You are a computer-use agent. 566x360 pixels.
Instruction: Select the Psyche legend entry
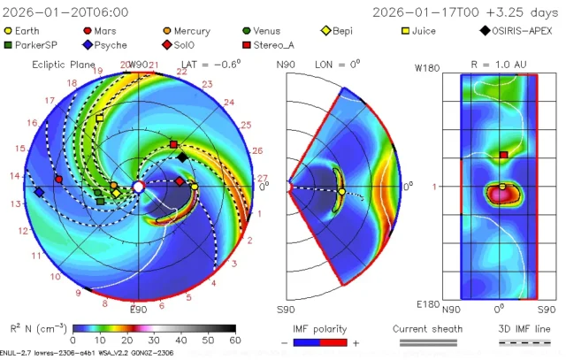(113, 44)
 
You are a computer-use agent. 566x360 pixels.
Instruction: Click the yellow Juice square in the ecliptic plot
(99, 118)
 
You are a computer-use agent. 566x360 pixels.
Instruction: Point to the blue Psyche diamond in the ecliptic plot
(39, 191)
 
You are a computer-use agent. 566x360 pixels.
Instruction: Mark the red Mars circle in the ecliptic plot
(59, 180)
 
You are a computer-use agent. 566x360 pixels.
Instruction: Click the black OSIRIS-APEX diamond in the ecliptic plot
(181, 157)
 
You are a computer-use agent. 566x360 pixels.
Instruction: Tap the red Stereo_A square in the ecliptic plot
(173, 143)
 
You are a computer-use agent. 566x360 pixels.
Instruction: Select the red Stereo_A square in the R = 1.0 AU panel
(503, 155)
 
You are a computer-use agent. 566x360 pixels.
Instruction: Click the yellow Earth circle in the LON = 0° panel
(341, 191)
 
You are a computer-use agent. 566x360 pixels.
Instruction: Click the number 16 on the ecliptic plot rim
(33, 123)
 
